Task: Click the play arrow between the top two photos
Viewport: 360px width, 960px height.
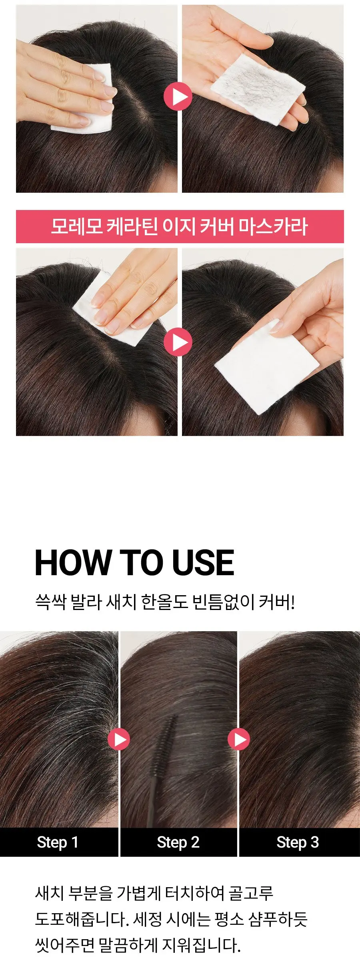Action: pyautogui.click(x=178, y=96)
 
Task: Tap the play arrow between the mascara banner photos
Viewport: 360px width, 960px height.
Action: pyautogui.click(x=178, y=342)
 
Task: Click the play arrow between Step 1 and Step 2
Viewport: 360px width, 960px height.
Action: pyautogui.click(x=119, y=739)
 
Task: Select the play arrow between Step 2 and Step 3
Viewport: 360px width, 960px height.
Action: pyautogui.click(x=239, y=739)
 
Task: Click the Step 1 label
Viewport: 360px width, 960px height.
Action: pyautogui.click(x=58, y=842)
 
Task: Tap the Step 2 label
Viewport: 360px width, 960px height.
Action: pyautogui.click(x=178, y=842)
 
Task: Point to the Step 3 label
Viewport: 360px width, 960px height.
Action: pyautogui.click(x=298, y=842)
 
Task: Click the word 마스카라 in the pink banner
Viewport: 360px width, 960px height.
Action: pyautogui.click(x=273, y=226)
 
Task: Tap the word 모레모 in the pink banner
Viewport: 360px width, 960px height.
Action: pyautogui.click(x=76, y=226)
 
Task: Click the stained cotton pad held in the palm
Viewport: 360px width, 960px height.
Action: pyautogui.click(x=258, y=90)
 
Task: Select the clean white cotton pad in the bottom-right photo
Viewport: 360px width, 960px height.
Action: pyautogui.click(x=266, y=367)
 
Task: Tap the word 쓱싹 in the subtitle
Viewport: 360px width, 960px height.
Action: pyautogui.click(x=50, y=602)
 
